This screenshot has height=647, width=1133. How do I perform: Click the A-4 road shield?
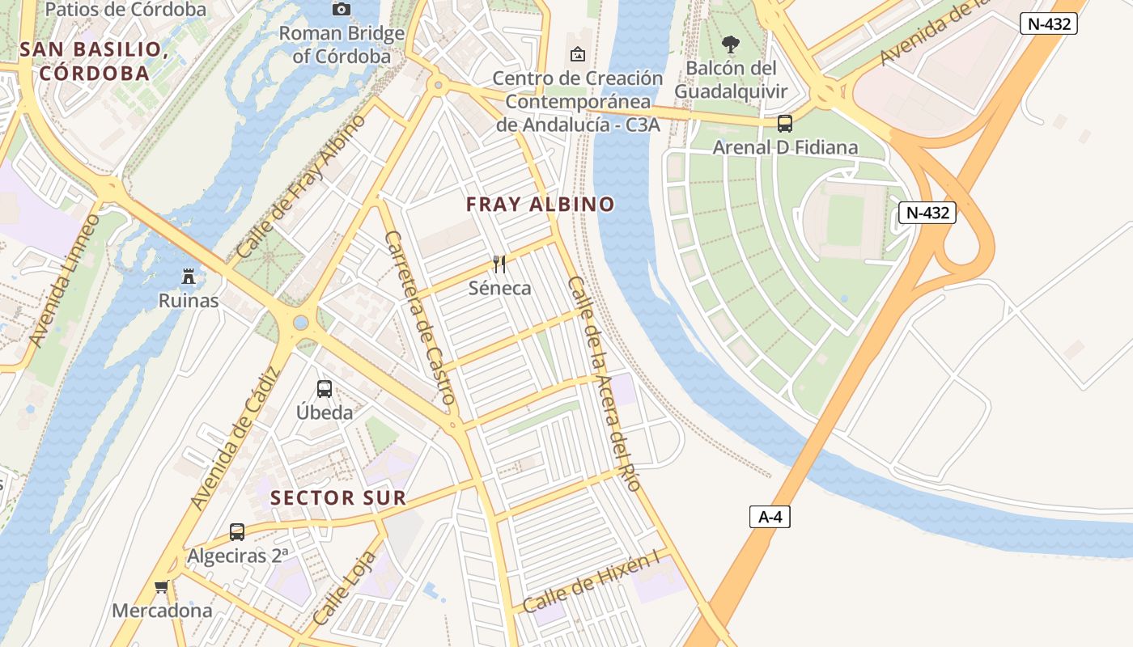tap(769, 517)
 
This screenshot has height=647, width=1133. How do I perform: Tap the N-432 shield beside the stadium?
tap(927, 213)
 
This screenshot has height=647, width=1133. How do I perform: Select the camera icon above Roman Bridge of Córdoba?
tap(342, 9)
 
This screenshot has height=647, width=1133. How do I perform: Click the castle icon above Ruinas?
tap(189, 277)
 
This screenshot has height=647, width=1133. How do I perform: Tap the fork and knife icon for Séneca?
tap(499, 264)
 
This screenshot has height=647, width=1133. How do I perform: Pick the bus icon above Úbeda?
tap(325, 388)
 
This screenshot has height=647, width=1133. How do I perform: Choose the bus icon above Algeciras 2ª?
tap(237, 531)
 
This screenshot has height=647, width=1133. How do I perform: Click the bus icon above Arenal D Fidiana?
tap(784, 124)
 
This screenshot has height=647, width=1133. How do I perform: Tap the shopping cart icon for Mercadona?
tap(162, 586)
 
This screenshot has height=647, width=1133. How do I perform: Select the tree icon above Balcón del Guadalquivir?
tap(730, 44)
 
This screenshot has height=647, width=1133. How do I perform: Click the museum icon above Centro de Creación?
tap(578, 54)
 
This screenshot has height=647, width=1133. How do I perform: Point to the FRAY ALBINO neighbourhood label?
tap(541, 205)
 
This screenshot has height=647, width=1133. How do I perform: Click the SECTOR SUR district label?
tap(338, 497)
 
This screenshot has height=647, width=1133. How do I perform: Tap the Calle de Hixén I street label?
tap(592, 581)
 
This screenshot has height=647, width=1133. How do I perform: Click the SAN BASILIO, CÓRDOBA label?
tap(95, 61)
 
